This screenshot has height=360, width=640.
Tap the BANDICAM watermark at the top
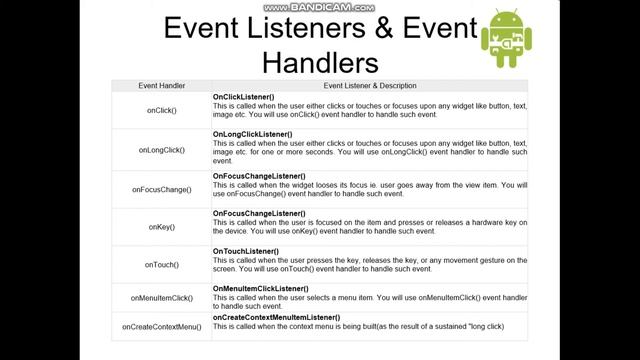click(x=320, y=6)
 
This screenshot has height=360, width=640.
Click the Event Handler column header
click(x=161, y=86)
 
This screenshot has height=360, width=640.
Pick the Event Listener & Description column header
click(x=370, y=86)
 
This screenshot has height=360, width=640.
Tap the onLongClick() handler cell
click(x=161, y=150)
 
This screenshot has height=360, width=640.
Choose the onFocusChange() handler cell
click(x=161, y=188)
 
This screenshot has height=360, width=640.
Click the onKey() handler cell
click(x=161, y=227)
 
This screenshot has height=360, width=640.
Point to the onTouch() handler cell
click(x=161, y=265)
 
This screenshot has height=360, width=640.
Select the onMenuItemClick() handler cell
click(x=161, y=298)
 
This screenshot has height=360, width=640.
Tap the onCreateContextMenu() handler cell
click(x=161, y=326)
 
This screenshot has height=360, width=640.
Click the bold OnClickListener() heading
click(x=246, y=96)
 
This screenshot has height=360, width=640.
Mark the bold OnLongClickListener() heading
click(x=253, y=134)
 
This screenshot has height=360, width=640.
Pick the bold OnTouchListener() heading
click(x=248, y=250)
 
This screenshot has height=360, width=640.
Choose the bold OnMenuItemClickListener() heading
click(x=261, y=288)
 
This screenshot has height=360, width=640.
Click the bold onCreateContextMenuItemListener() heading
click(x=275, y=317)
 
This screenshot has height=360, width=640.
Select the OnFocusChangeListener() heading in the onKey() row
click(x=259, y=213)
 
